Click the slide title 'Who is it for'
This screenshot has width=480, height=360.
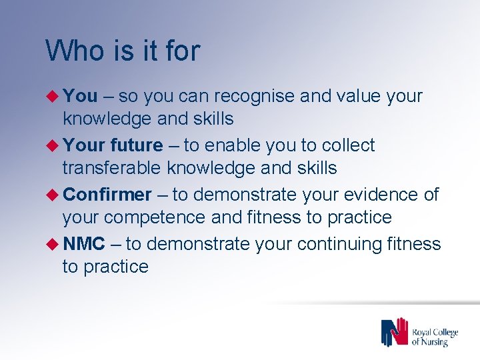(123, 51)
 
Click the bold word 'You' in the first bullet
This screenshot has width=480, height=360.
(81, 96)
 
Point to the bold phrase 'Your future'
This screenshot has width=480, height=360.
(113, 145)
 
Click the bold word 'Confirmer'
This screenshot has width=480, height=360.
(108, 195)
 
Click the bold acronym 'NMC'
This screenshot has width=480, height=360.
(85, 244)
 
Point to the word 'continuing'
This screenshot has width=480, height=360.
(339, 244)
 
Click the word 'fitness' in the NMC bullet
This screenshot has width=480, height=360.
(413, 244)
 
